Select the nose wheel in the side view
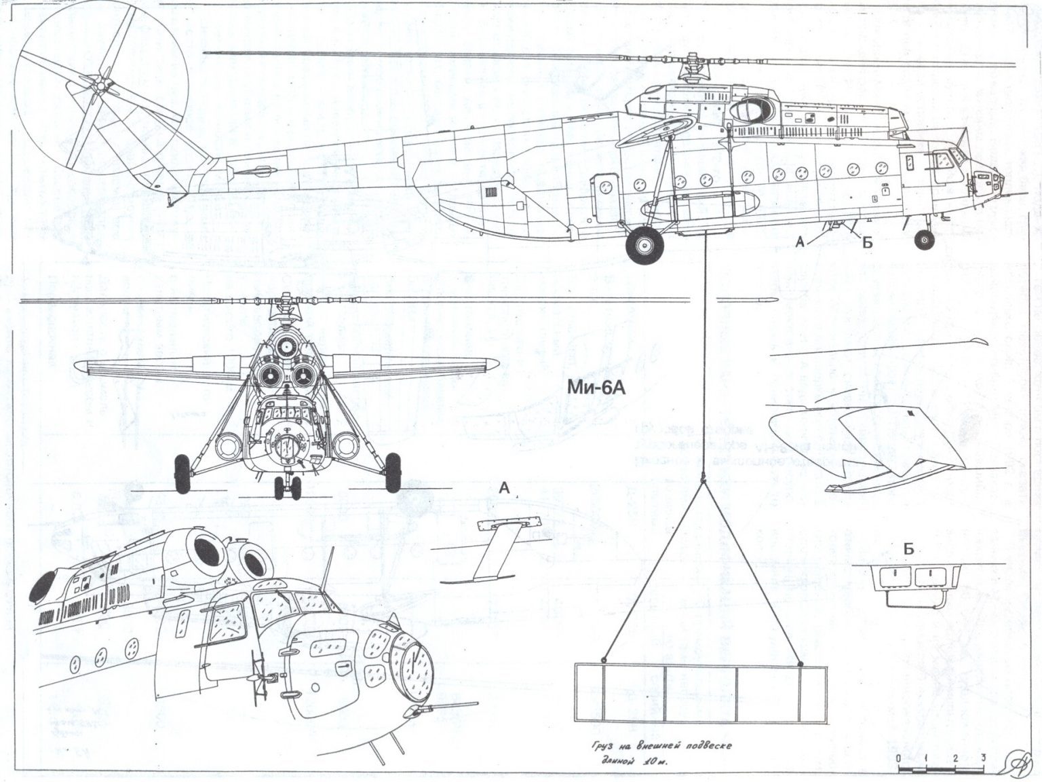[x=923, y=238]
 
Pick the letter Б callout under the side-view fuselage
[x=866, y=243]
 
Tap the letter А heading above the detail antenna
[x=504, y=488]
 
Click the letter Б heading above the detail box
[x=909, y=549]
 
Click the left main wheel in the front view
[x=182, y=473]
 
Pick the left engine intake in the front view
[x=270, y=374]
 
